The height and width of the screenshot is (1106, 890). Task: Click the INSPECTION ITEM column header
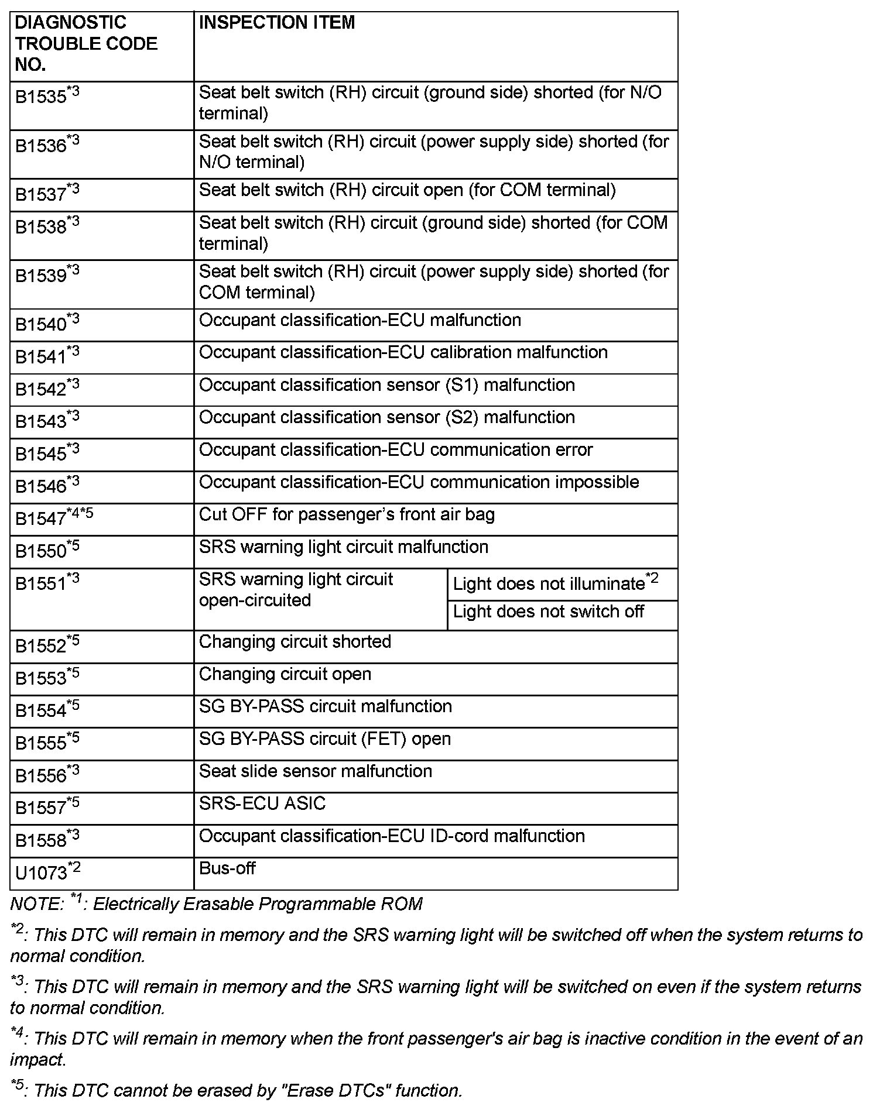click(277, 23)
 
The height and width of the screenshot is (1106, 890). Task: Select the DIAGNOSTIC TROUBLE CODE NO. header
click(86, 44)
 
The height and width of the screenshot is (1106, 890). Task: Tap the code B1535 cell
click(47, 96)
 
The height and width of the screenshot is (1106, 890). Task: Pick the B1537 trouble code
click(47, 194)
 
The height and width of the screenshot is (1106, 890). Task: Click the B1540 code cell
click(47, 324)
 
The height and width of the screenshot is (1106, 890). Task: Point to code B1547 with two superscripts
click(54, 518)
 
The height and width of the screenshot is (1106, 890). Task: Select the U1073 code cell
click(47, 872)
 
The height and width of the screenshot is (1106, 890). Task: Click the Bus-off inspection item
click(227, 868)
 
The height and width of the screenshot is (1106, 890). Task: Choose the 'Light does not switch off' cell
click(548, 612)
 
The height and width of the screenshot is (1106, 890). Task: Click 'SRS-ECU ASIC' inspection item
click(262, 803)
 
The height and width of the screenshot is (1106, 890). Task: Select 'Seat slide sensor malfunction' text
click(316, 771)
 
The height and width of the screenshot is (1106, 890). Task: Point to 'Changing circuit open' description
click(285, 674)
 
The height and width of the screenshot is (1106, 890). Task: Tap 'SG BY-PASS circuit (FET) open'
click(325, 739)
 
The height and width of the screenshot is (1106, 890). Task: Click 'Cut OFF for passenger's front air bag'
click(347, 515)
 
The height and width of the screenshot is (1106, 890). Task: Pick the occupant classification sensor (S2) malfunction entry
click(386, 417)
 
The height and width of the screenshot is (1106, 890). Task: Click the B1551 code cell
click(47, 583)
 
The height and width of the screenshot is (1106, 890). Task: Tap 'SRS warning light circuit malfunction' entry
click(344, 547)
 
